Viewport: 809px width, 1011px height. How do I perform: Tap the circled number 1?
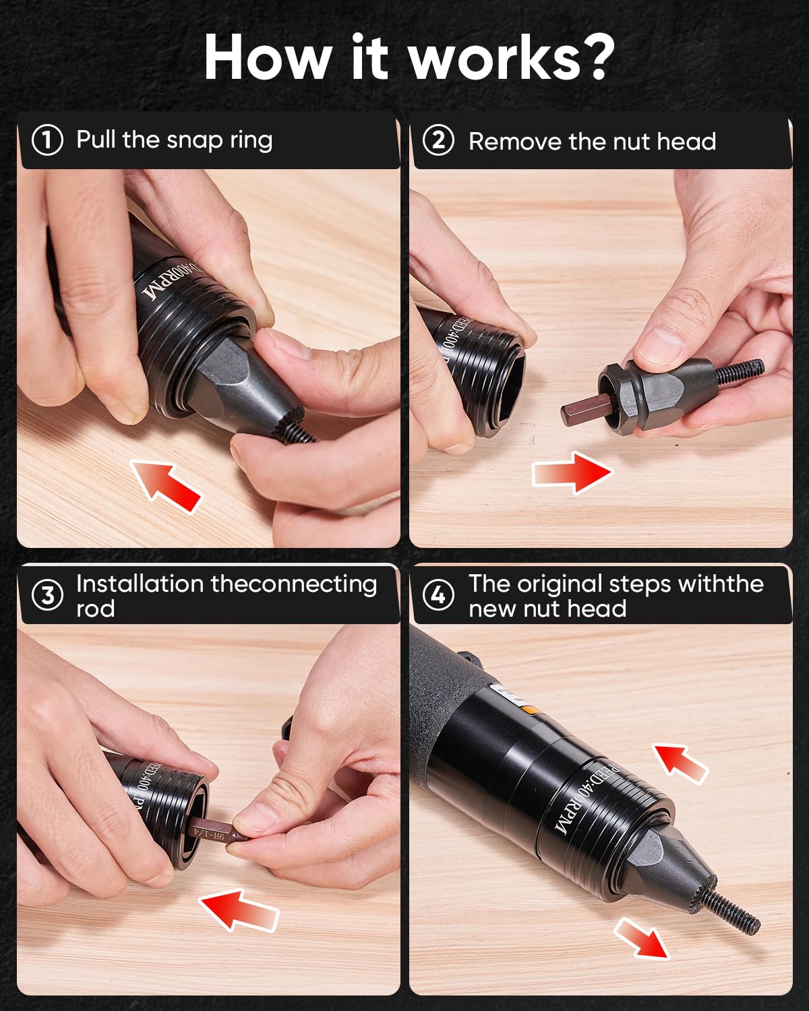coord(47,140)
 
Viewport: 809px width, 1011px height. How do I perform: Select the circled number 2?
coord(438,141)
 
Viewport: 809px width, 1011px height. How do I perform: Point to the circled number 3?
coord(47,596)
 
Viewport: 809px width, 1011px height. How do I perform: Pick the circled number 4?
coord(438,596)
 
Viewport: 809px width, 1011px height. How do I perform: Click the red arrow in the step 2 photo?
coord(572,472)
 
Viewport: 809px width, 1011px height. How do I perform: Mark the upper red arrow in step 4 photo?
coord(681,762)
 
